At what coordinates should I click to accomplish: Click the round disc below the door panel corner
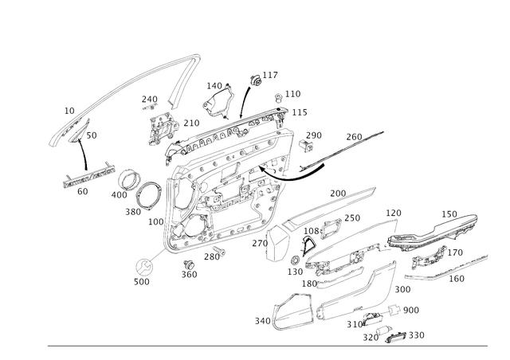[143, 266]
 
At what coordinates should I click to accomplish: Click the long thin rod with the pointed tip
[335, 152]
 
